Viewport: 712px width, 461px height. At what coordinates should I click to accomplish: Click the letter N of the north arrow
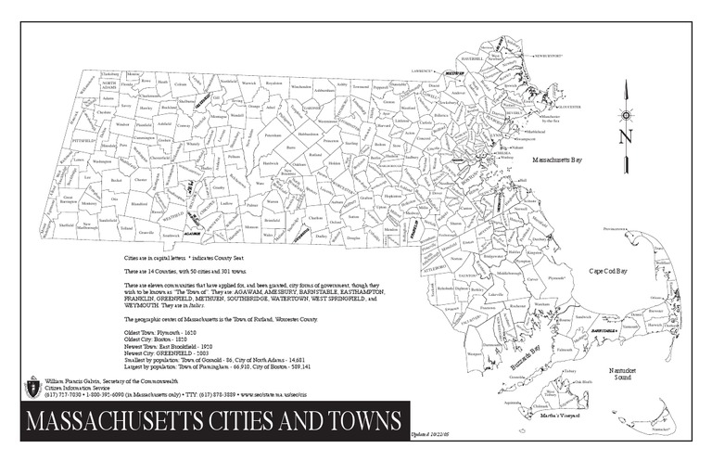627,136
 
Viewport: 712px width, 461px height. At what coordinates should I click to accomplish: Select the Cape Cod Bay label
609,271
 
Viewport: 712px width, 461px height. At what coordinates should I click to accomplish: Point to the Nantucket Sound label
626,376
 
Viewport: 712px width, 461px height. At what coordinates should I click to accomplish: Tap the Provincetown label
615,227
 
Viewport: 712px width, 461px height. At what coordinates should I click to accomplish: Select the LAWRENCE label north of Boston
423,70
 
